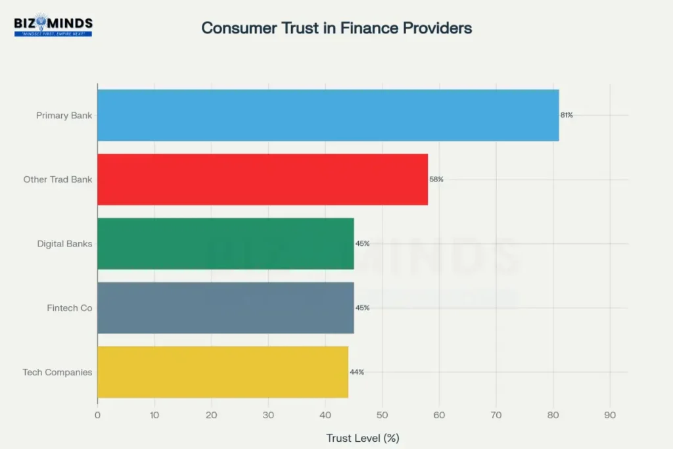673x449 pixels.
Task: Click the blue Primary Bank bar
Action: click(x=328, y=115)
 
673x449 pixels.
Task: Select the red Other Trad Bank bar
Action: click(x=262, y=179)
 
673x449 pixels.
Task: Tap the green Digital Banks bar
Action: click(x=225, y=243)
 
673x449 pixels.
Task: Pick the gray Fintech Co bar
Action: click(x=225, y=308)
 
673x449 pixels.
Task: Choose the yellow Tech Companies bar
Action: click(x=222, y=372)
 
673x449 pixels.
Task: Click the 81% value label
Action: click(x=567, y=115)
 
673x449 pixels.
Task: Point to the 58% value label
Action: click(x=436, y=179)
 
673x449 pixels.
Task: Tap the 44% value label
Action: click(x=357, y=372)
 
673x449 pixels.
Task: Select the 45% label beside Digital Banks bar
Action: click(x=362, y=243)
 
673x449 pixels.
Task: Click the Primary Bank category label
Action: click(x=64, y=116)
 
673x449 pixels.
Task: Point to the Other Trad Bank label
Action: click(x=58, y=179)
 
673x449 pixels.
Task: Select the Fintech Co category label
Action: click(x=70, y=308)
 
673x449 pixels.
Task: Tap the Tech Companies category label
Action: click(x=57, y=372)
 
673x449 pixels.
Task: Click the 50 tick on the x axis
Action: click(x=382, y=415)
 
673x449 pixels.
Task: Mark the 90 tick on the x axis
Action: click(x=610, y=415)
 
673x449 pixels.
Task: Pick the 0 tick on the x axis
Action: click(x=97, y=415)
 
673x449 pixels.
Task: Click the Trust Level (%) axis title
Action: click(x=363, y=437)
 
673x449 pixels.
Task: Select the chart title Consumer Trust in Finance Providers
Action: click(x=336, y=28)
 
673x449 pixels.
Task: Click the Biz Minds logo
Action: click(x=53, y=26)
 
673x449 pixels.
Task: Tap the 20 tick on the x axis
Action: click(x=211, y=415)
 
